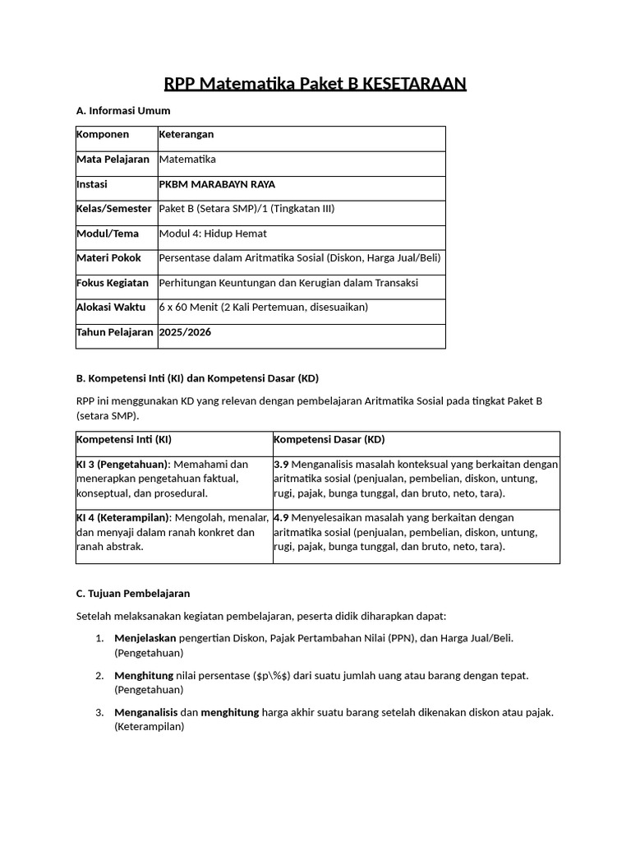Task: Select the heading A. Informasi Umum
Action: pos(122,110)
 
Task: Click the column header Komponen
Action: pos(104,134)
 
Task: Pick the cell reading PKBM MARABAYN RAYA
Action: pos(217,184)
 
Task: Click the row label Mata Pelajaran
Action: pos(113,160)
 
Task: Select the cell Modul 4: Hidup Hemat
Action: pos(213,234)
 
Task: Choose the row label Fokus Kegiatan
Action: pos(113,283)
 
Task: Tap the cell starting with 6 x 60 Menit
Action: pos(263,308)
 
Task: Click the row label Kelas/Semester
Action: pos(113,209)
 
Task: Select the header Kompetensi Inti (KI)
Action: pos(124,439)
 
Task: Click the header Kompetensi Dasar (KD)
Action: pos(329,439)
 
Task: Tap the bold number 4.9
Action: pos(281,518)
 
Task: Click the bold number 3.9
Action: pos(281,465)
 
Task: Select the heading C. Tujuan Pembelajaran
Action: pos(132,593)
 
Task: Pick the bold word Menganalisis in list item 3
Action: pos(145,712)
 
